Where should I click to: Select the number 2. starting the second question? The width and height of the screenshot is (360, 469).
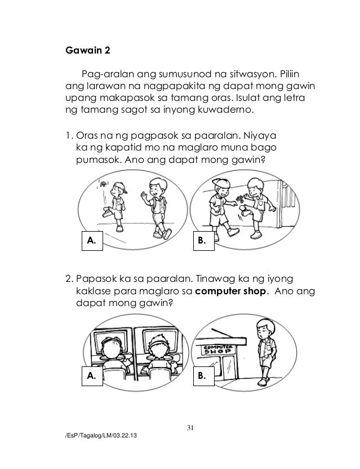click(x=69, y=279)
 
